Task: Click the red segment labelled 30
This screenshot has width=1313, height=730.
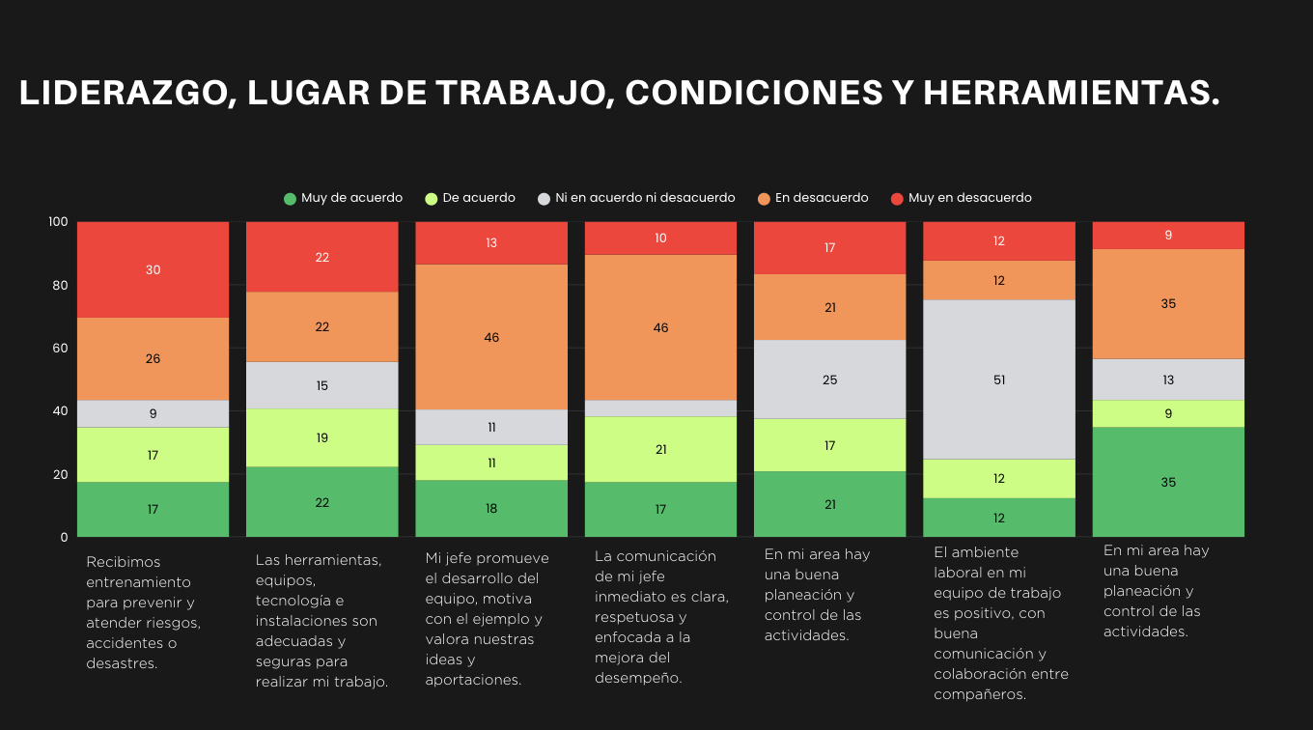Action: (153, 270)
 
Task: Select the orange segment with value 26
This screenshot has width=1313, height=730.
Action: (153, 358)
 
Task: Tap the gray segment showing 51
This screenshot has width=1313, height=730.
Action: (999, 379)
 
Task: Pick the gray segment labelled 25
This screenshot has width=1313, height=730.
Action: (830, 379)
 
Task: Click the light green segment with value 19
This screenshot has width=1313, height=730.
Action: (322, 437)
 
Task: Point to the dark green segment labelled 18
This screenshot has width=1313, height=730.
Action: (491, 508)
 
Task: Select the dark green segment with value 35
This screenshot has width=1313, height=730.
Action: (1168, 482)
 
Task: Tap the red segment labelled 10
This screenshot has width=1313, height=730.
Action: (660, 238)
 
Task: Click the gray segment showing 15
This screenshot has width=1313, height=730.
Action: (322, 385)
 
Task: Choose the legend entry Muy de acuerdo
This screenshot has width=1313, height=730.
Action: (343, 198)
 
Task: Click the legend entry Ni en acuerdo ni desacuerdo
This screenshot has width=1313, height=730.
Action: (636, 198)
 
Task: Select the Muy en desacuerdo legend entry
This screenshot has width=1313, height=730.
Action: (961, 198)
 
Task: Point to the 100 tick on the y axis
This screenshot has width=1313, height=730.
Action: (58, 222)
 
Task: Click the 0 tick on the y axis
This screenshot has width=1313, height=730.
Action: (65, 537)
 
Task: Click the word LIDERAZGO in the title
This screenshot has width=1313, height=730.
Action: (124, 94)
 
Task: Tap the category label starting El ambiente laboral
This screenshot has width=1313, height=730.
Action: (1000, 623)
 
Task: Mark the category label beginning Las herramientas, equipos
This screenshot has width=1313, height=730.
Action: (321, 620)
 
